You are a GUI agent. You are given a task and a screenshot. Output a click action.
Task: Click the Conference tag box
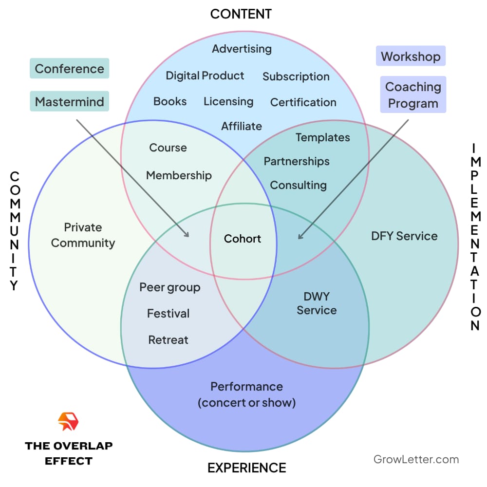70,69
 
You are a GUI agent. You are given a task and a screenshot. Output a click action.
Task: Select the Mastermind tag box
70,102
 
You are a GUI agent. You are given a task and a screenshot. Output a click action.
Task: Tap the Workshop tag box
411,56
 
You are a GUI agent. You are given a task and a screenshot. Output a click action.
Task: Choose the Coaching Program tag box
413,95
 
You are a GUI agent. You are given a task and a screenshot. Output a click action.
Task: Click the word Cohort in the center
243,239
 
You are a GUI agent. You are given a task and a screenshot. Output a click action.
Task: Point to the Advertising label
242,49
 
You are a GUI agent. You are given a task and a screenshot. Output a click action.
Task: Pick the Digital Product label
205,76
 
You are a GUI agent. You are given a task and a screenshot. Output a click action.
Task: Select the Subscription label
296,76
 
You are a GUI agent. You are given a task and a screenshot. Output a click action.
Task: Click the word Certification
303,102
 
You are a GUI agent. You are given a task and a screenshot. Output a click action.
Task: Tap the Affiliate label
242,126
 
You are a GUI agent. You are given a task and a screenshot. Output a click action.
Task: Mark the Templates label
322,137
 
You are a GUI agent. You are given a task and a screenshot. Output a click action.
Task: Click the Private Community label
83,235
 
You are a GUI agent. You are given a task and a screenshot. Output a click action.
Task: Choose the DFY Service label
404,236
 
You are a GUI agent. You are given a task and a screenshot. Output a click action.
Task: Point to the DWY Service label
317,303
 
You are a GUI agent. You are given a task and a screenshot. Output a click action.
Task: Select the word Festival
169,314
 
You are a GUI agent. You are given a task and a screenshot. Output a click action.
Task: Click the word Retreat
169,340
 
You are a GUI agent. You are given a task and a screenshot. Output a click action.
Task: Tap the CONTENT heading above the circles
241,14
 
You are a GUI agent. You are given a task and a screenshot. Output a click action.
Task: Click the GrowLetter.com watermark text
416,459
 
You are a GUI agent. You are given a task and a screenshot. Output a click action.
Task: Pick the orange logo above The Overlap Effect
68,422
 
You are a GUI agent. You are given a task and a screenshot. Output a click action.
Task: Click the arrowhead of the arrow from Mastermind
187,235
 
